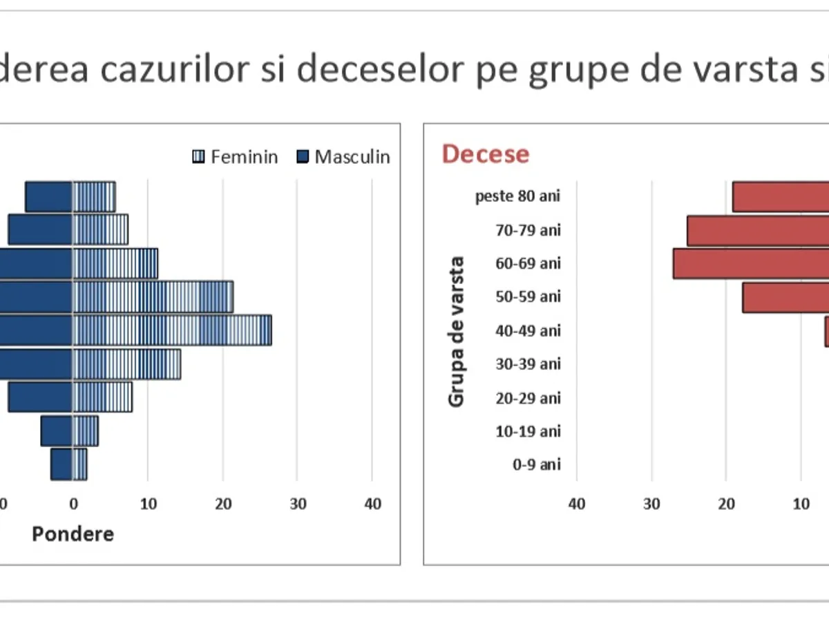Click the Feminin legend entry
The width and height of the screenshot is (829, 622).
pyautogui.click(x=235, y=157)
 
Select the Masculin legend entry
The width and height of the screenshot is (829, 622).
pyautogui.click(x=343, y=157)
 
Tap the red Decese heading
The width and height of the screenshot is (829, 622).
pyautogui.click(x=485, y=154)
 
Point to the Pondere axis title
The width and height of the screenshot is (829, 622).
pyautogui.click(x=73, y=534)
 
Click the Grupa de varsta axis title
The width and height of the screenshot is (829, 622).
pyautogui.click(x=456, y=332)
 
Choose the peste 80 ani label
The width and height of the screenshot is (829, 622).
pyautogui.click(x=517, y=196)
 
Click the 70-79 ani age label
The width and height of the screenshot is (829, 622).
pyautogui.click(x=528, y=229)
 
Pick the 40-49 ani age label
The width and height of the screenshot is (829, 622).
pyautogui.click(x=528, y=330)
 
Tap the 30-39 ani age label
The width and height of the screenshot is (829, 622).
pyautogui.click(x=528, y=364)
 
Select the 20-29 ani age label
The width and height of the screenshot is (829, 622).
pyautogui.click(x=528, y=397)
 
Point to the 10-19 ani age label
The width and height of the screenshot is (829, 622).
pyautogui.click(x=528, y=431)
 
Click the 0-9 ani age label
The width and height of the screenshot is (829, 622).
pyautogui.click(x=536, y=464)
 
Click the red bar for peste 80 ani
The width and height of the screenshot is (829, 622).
pyautogui.click(x=781, y=196)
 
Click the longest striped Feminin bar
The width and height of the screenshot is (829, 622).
pyautogui.click(x=173, y=330)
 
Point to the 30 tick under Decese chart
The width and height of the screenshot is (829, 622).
pyautogui.click(x=651, y=504)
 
